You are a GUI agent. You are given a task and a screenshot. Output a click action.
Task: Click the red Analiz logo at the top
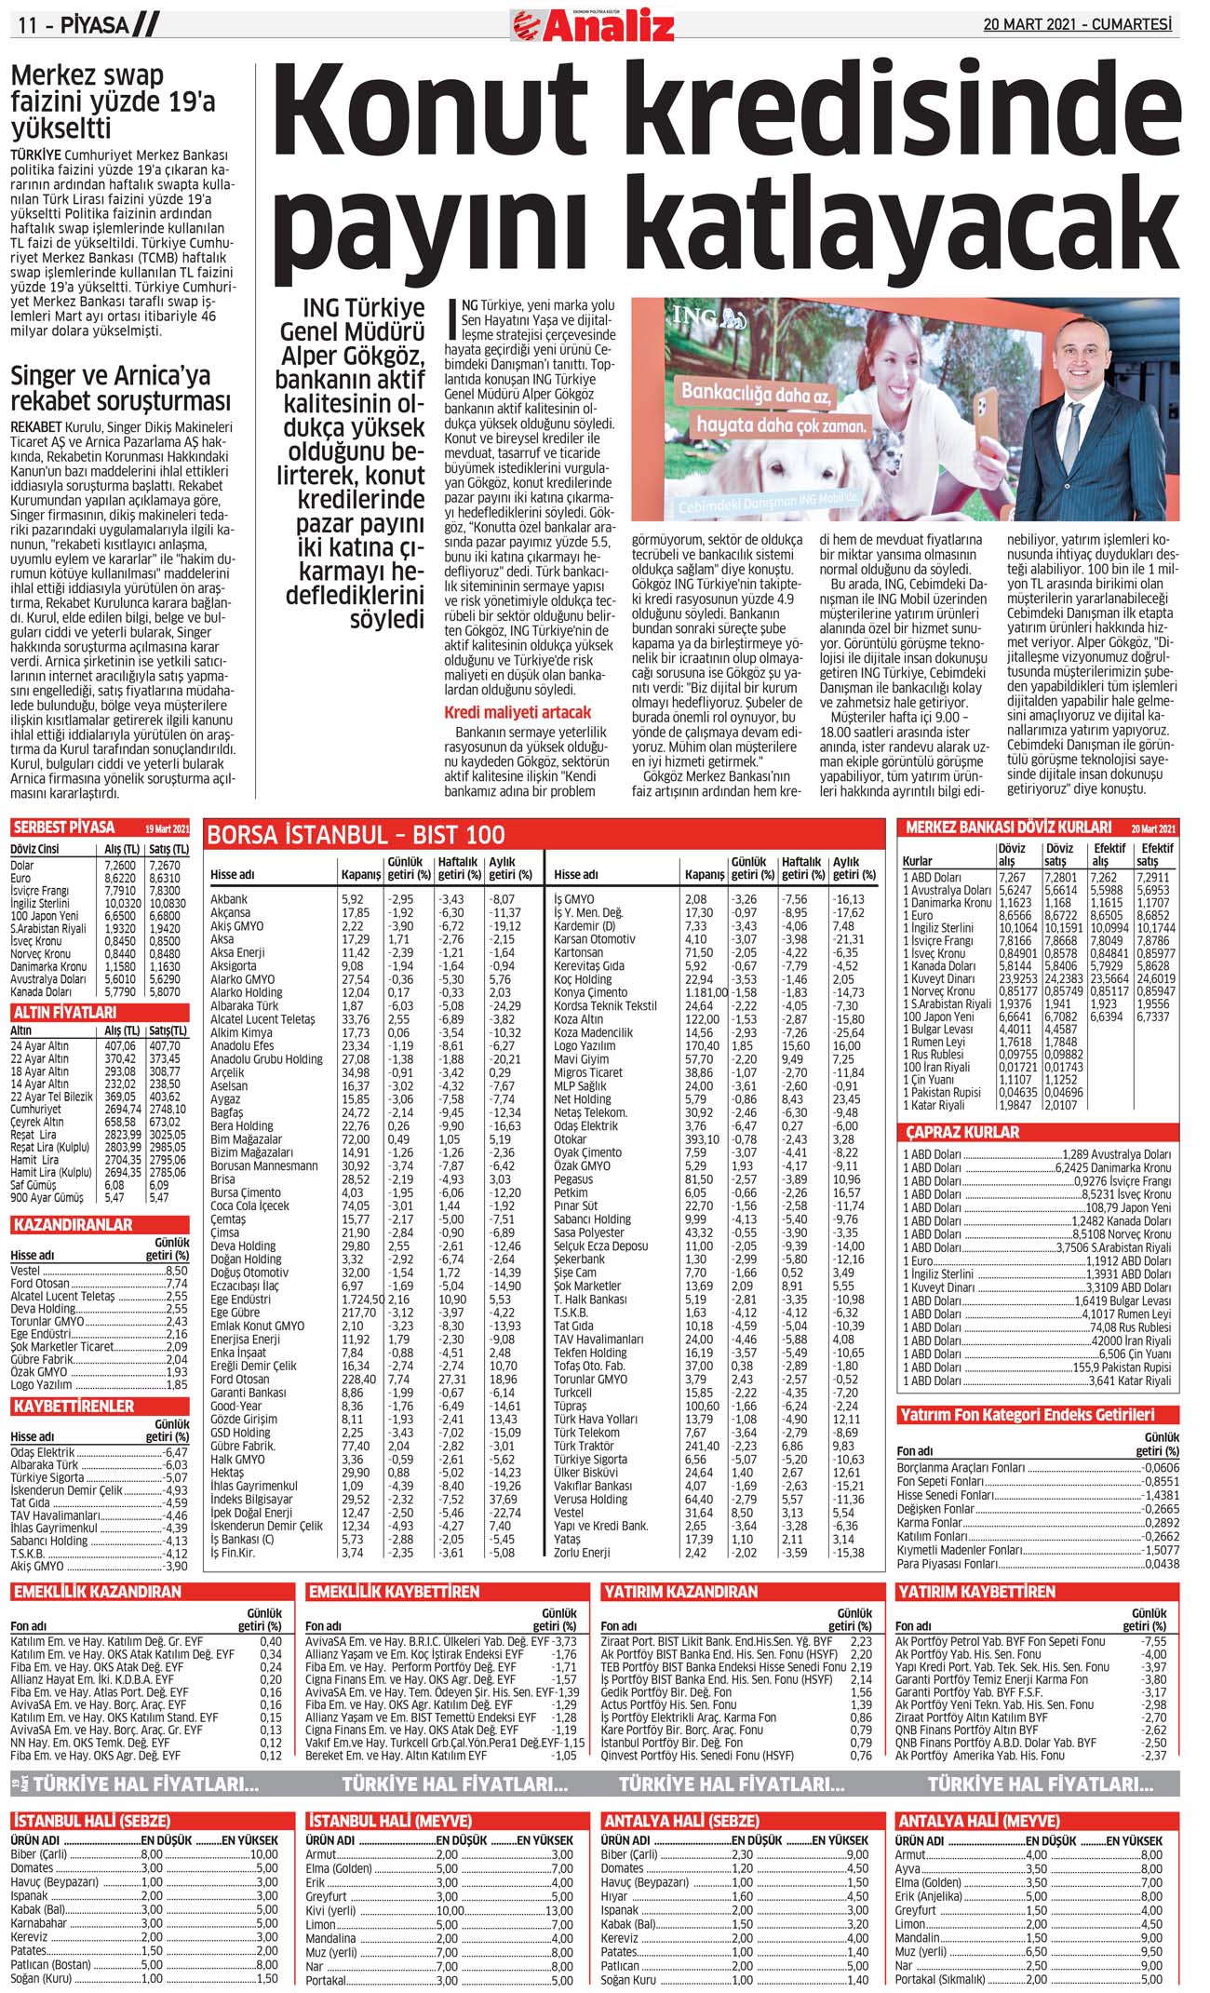click(594, 25)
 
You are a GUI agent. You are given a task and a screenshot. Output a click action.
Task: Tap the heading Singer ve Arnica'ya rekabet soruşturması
click(120, 388)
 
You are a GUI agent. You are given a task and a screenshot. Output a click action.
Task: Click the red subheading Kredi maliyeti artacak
click(518, 712)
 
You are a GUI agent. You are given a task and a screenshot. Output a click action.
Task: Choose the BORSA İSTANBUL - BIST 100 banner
click(356, 834)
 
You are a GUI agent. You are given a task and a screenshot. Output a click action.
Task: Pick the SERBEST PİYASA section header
click(63, 828)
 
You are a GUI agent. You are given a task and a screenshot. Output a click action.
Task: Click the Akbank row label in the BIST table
click(229, 899)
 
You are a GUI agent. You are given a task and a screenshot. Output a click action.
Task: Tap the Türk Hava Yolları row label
click(596, 1419)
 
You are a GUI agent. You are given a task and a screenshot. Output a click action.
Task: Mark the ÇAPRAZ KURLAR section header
click(963, 1132)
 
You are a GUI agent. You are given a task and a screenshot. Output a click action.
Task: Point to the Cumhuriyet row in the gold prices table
click(36, 1109)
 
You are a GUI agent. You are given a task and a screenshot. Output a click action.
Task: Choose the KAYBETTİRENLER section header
click(74, 1406)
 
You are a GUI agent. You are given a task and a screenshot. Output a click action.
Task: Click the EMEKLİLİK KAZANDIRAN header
click(97, 1592)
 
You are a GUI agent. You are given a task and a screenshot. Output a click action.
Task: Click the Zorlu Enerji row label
click(582, 1553)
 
